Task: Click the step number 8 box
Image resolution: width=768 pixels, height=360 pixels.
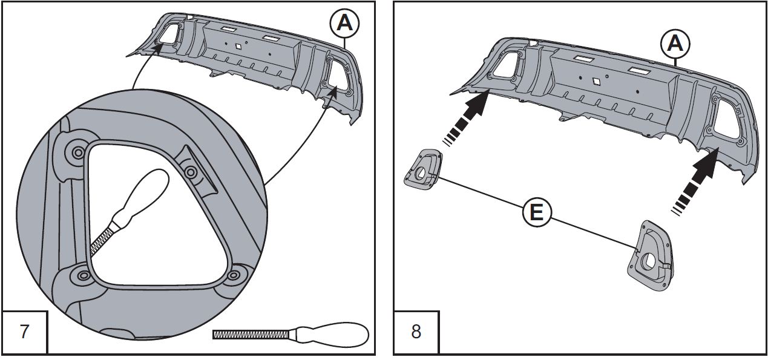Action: [416, 332]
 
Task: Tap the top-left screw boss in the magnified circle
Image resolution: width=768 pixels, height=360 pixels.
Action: [78, 152]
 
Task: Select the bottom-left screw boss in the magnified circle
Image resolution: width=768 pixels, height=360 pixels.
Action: [80, 276]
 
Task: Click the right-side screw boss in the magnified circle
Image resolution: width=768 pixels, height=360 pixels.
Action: [191, 173]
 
